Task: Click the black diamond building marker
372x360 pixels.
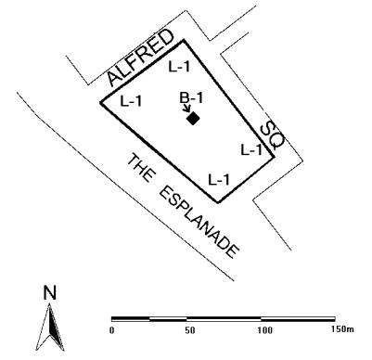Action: point(193,118)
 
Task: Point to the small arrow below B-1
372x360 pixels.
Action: point(186,110)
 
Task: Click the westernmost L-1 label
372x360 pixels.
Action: point(131,100)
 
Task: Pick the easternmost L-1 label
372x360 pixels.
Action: point(251,148)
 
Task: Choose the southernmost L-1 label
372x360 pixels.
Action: point(219,178)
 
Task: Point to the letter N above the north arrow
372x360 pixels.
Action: point(50,292)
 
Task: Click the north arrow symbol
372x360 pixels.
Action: point(51,325)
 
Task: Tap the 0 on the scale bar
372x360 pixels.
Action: point(111,330)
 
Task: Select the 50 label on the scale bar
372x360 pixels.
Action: point(189,330)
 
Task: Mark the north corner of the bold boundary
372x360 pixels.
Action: point(185,40)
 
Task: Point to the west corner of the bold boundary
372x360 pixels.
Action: point(101,102)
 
